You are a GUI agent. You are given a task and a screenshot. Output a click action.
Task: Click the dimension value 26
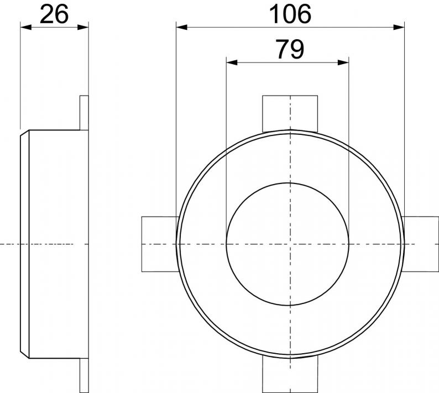coord(54,14)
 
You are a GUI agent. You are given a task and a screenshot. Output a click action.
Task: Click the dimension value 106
coord(290,14)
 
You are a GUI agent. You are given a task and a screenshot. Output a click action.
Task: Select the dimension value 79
coord(290,50)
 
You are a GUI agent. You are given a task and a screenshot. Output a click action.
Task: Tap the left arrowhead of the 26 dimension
coord(26,28)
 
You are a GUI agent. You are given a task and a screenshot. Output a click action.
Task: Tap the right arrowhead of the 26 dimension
coord(83,28)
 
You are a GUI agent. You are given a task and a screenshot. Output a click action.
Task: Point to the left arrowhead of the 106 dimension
coord(182,28)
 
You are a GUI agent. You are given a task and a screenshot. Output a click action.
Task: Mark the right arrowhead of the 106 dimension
coord(399,28)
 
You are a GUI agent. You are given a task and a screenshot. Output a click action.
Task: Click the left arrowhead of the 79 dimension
coord(232,62)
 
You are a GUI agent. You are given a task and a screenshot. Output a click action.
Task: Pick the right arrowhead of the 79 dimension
coord(343,62)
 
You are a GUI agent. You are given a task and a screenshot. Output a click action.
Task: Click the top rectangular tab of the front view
coord(290,113)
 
